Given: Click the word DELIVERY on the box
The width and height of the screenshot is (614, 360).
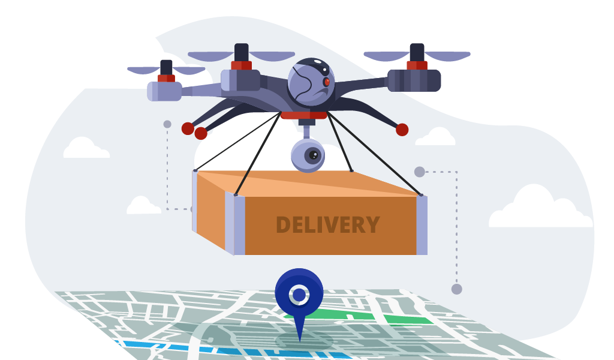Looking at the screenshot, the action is (x=328, y=225).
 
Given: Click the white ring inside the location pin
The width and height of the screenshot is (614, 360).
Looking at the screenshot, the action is (x=299, y=295).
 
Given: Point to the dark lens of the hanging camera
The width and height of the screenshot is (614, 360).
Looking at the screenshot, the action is (x=313, y=155).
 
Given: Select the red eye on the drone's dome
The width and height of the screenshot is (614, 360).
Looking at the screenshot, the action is (x=327, y=82).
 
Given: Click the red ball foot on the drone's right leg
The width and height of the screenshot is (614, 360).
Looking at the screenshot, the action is (x=402, y=130).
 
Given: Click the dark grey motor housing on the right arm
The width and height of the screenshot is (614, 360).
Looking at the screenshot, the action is (x=414, y=80).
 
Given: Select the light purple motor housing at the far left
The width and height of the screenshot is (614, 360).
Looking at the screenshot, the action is (x=164, y=91).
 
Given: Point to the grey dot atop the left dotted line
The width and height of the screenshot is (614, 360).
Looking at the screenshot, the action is (x=167, y=124).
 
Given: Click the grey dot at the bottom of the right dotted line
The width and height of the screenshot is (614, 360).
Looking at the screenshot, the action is (x=456, y=289).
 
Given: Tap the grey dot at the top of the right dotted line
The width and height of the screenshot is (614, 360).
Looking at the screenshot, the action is (x=419, y=172).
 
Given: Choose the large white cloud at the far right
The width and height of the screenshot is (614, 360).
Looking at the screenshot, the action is (x=540, y=208).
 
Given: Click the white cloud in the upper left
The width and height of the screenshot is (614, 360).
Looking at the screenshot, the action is (x=86, y=148).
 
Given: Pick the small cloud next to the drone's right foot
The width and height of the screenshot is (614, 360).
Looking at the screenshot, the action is (x=435, y=137).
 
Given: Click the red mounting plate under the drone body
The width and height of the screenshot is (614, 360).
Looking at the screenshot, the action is (x=304, y=115).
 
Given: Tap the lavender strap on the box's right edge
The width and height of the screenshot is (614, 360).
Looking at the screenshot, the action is (x=422, y=225).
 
